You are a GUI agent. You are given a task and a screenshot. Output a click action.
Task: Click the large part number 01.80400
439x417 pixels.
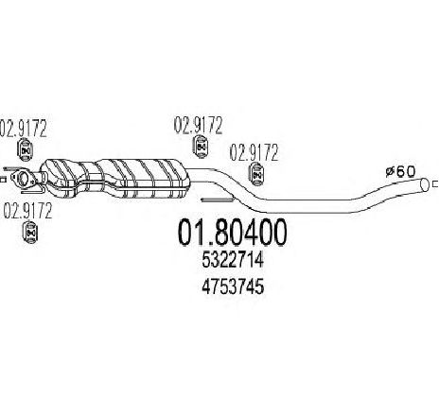pos(233,233)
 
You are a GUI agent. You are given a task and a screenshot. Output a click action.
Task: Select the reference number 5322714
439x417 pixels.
pos(233,261)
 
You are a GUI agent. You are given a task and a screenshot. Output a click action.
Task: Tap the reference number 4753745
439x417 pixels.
pos(233,287)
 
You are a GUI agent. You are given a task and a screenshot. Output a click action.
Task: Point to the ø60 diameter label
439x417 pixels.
pos(401,172)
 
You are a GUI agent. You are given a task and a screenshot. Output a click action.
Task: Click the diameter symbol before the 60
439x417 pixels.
pos(391,173)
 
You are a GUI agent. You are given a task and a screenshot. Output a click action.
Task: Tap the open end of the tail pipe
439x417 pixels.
pos(425,184)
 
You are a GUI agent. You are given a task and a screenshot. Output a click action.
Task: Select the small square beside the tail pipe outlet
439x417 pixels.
pos(436,183)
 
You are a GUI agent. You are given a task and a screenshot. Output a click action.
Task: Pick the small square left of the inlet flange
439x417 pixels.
pos(3,180)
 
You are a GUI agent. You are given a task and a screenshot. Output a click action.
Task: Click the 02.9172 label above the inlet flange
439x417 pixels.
pos(24,129)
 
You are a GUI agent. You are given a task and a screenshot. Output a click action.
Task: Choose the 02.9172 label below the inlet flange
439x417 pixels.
pos(27,211)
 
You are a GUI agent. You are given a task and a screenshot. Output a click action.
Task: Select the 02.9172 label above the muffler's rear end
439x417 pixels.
pos(199,125)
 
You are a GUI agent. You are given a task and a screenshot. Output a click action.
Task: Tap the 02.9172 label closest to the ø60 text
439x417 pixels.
pos(255,152)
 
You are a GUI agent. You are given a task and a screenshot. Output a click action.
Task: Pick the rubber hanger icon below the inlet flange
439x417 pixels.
pos(30,234)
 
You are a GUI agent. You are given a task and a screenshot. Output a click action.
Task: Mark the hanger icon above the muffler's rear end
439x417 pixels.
pos(201,147)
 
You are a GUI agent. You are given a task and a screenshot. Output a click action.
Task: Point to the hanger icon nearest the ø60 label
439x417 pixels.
pos(256,174)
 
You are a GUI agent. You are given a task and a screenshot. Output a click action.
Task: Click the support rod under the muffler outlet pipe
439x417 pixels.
pos(218,200)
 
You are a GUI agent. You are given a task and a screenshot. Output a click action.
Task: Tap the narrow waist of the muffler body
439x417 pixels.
pos(88,177)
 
